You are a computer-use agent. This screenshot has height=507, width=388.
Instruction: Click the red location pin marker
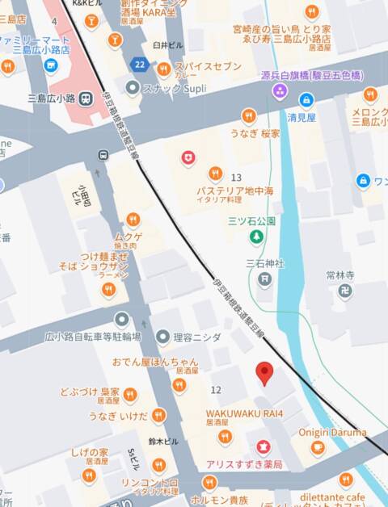pos(264,373)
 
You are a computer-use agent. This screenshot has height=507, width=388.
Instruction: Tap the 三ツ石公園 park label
pos(251,220)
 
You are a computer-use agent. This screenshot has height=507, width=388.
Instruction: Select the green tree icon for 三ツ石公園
pos(255,237)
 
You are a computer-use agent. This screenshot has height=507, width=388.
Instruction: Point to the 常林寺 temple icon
pos(345,291)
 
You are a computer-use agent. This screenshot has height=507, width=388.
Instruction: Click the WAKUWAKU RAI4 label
pos(244,414)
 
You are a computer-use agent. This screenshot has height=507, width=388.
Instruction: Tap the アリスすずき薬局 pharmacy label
pos(243,465)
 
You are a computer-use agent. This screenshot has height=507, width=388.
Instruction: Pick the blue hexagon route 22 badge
pos(141,65)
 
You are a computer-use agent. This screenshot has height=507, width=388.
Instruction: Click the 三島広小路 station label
pos(52,98)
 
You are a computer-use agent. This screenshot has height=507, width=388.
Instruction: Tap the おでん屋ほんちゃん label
pos(155,362)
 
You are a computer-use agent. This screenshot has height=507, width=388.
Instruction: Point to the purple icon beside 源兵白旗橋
pos(279,90)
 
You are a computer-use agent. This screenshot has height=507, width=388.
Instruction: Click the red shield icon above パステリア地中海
pos(188,158)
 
